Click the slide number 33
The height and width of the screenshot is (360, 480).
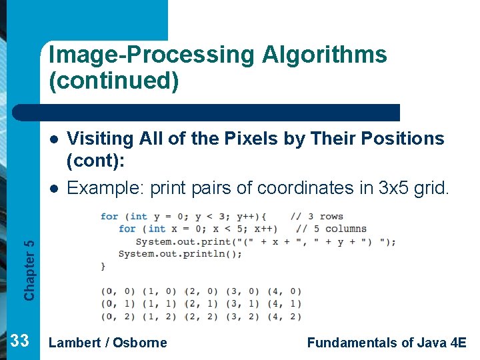coord(20,341)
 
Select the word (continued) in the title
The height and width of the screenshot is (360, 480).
coord(114,81)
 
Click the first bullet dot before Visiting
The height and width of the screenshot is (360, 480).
coord(54,139)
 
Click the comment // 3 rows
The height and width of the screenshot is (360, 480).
coord(317,216)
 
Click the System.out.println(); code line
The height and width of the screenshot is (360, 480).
coord(180,253)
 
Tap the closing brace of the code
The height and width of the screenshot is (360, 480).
coord(103,266)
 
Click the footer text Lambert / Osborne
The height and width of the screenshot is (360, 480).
coord(108,343)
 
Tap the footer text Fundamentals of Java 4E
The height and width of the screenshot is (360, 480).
coord(387,343)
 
